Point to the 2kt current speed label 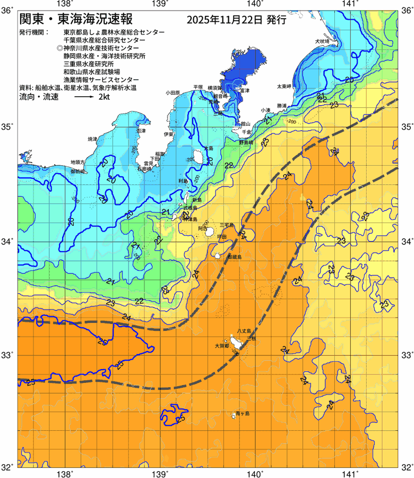(104, 98)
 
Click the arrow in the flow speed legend (84, 98)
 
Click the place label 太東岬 (284, 86)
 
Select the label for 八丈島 (245, 330)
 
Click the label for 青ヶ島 (243, 413)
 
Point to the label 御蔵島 (234, 257)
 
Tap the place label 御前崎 (77, 172)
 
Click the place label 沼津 (141, 130)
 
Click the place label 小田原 (173, 92)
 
